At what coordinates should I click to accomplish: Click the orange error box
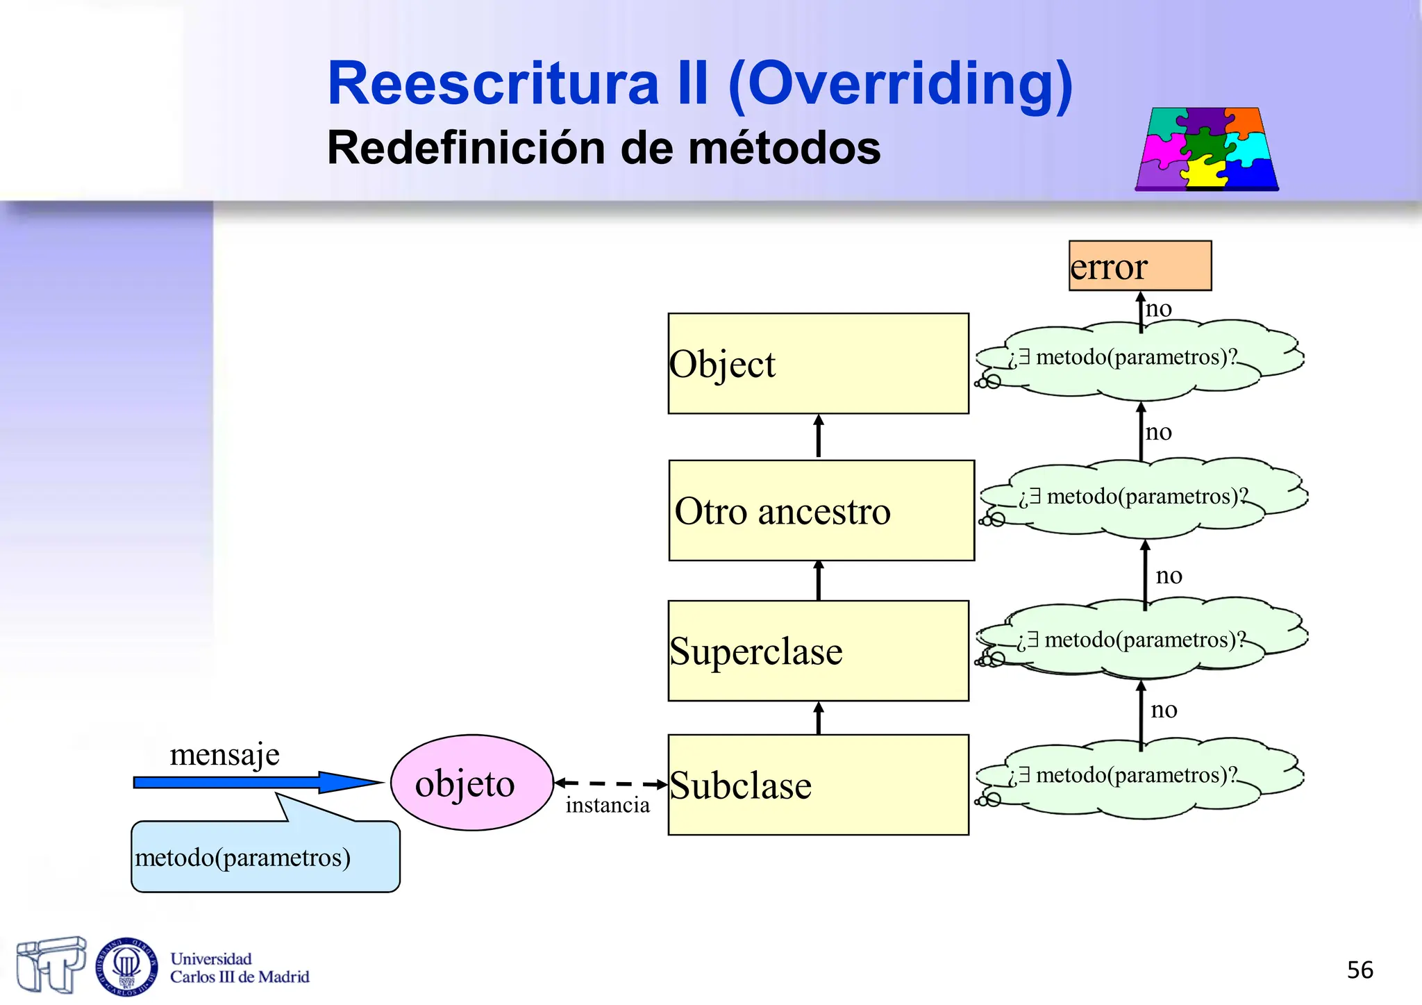(1139, 266)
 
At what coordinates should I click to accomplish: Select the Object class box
(818, 364)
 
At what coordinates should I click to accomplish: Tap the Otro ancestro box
(821, 510)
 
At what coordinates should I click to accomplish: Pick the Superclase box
(818, 651)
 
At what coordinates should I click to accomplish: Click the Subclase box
(818, 785)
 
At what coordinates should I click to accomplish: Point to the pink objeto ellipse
(471, 783)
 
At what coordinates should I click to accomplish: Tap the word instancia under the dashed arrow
(607, 805)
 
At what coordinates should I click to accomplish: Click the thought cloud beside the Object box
(1139, 359)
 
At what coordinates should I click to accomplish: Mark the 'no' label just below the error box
(1158, 308)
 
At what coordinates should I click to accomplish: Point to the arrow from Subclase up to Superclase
(819, 718)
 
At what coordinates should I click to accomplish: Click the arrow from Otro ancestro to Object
(819, 436)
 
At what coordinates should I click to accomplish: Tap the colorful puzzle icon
(1207, 149)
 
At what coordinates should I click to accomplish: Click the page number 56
(1360, 970)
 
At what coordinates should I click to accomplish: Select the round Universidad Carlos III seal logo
(126, 966)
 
